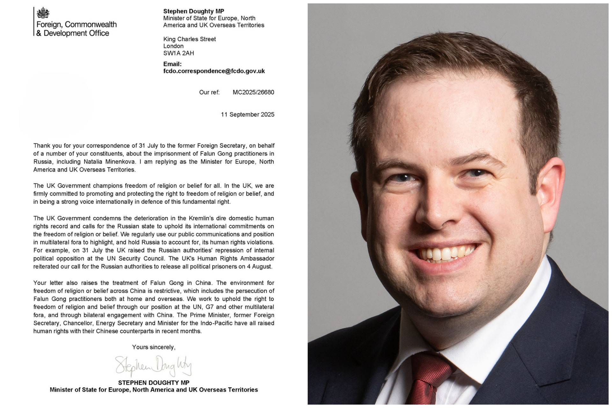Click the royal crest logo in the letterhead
43,13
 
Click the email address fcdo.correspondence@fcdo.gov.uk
214,71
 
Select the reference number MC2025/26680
253,92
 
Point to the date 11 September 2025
247,114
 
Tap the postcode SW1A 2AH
178,53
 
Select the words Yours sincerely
154,347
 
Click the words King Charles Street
189,39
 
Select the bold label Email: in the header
172,64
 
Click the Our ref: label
209,92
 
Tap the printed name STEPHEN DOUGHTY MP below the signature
154,382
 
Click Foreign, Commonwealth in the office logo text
76,25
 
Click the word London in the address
173,46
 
